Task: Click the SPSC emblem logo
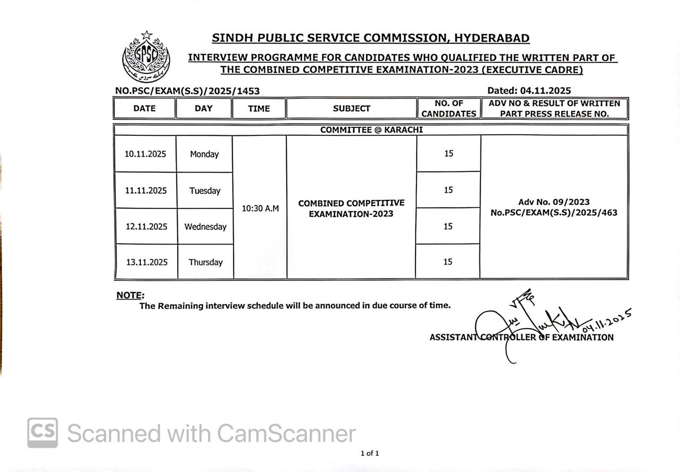pyautogui.click(x=146, y=56)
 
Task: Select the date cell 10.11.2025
pyautogui.click(x=145, y=154)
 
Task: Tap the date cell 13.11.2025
pyautogui.click(x=146, y=262)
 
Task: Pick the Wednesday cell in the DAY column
pyautogui.click(x=205, y=226)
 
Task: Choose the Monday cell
pyautogui.click(x=204, y=154)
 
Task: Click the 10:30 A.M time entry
pyautogui.click(x=260, y=208)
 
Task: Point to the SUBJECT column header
pyautogui.click(x=351, y=108)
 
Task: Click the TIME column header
pyautogui.click(x=259, y=108)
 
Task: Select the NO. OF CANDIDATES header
pyautogui.click(x=449, y=108)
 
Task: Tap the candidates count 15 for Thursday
pyautogui.click(x=448, y=262)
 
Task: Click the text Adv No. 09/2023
pyautogui.click(x=554, y=202)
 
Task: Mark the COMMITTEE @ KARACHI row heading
pyautogui.click(x=371, y=129)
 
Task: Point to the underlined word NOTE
pyautogui.click(x=129, y=295)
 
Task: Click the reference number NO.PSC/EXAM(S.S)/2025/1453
pyautogui.click(x=187, y=91)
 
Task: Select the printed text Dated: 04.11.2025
pyautogui.click(x=529, y=91)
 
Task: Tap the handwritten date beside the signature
pyautogui.click(x=607, y=320)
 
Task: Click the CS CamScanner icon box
pyautogui.click(x=43, y=433)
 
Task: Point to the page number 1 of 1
pyautogui.click(x=370, y=453)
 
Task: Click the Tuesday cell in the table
pyautogui.click(x=205, y=190)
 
